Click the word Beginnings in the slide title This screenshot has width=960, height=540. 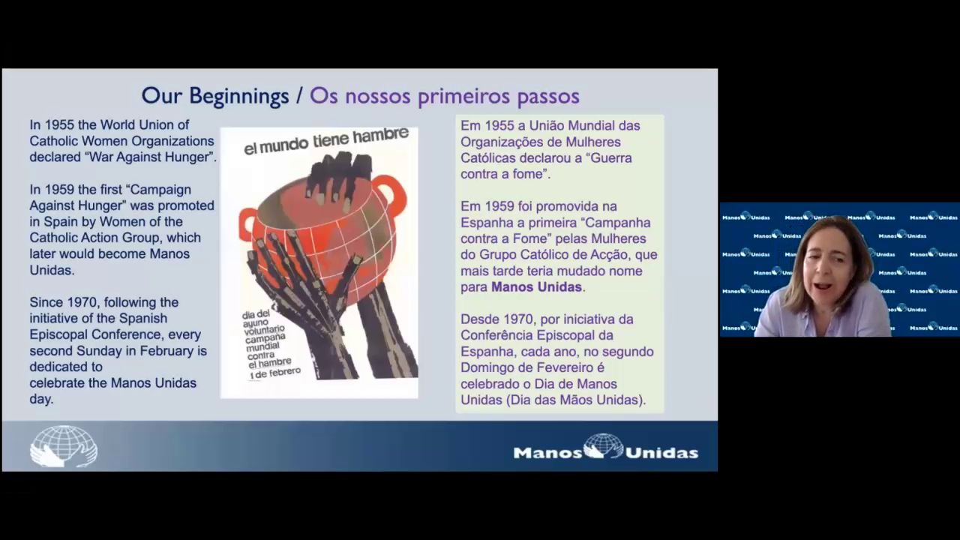239,96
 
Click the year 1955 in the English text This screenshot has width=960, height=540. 59,124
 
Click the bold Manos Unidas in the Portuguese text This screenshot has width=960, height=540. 536,286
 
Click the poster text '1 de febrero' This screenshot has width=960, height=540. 275,373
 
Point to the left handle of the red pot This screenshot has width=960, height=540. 247,221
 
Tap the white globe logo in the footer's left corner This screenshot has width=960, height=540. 64,446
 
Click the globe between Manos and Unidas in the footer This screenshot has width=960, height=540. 604,445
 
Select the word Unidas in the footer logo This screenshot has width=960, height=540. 661,453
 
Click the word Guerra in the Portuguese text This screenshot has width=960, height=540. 611,158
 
